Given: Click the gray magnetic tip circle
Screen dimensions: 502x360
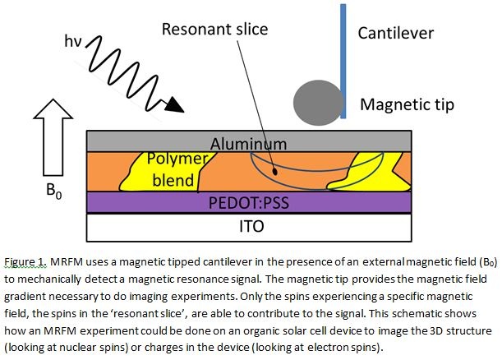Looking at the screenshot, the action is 318,102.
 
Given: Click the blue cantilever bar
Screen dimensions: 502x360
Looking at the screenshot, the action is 343,61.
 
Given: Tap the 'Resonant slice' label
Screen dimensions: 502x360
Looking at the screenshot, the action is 214,29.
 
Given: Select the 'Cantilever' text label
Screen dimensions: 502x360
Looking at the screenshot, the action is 396,33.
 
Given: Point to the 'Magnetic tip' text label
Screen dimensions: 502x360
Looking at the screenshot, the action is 408,105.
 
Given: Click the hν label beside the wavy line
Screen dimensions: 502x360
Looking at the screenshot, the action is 72,41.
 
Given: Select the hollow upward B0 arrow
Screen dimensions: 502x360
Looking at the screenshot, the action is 53,137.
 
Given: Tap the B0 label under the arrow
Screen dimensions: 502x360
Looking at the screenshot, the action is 54,190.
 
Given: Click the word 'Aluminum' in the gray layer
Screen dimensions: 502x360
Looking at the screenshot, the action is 248,144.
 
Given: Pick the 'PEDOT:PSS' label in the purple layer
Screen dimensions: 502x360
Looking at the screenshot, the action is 249,202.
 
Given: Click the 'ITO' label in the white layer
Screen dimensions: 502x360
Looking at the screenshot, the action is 251,226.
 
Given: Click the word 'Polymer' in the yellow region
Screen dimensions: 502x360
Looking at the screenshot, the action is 177,159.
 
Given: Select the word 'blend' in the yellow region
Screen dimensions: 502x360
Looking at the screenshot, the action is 173,180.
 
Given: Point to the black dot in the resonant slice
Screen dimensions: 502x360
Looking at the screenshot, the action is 274,171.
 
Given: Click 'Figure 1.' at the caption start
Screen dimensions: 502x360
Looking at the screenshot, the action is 25,262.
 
